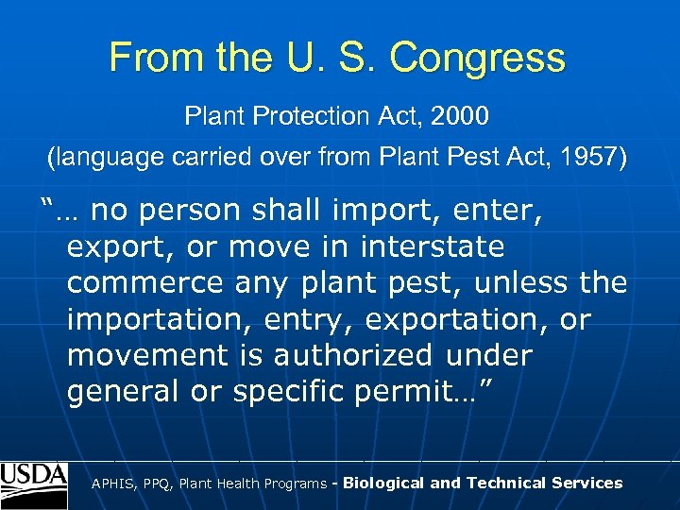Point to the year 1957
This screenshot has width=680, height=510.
(x=593, y=158)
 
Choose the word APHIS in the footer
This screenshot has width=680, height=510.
(x=112, y=484)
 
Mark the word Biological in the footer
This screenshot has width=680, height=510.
(x=383, y=483)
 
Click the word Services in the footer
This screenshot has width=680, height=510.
(x=584, y=483)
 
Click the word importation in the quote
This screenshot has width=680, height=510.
(x=151, y=320)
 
